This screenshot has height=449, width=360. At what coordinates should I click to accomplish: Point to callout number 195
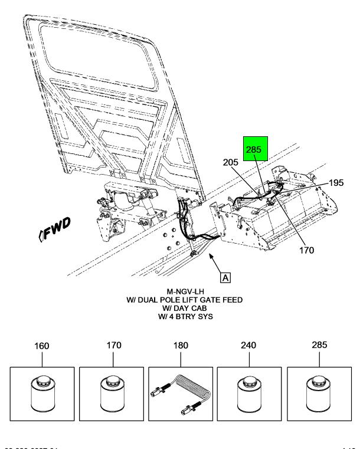(335, 183)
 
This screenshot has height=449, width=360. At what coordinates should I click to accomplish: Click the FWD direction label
(56, 224)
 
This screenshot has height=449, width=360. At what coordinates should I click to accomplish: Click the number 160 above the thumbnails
(42, 345)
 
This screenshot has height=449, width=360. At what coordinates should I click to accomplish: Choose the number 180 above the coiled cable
(181, 345)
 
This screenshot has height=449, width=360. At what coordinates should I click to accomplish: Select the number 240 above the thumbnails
(249, 345)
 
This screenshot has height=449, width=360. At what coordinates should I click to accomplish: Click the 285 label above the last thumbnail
(318, 345)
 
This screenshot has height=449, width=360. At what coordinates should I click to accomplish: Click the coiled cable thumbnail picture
(181, 393)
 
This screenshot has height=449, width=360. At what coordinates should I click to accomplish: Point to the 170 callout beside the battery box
(306, 250)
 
